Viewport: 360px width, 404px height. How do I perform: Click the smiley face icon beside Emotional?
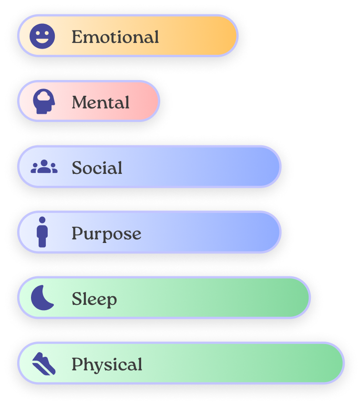(42, 36)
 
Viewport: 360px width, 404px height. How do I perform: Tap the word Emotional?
(115, 37)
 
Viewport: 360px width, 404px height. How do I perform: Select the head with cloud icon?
(43, 101)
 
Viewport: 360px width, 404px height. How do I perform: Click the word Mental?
(101, 102)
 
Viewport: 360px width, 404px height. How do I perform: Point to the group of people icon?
(44, 167)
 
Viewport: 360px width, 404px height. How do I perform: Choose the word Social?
(97, 168)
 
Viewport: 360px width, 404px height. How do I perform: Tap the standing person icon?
(42, 232)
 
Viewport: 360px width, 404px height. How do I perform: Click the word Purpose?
(106, 233)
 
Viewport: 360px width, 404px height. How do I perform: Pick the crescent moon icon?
(42, 298)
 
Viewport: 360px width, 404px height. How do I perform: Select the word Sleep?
(94, 299)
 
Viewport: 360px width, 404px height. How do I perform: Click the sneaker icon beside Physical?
(44, 363)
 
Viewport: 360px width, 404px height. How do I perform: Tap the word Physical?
(107, 364)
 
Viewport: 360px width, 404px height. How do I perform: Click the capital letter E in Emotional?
(77, 37)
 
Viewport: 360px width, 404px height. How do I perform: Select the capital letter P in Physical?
(76, 364)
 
